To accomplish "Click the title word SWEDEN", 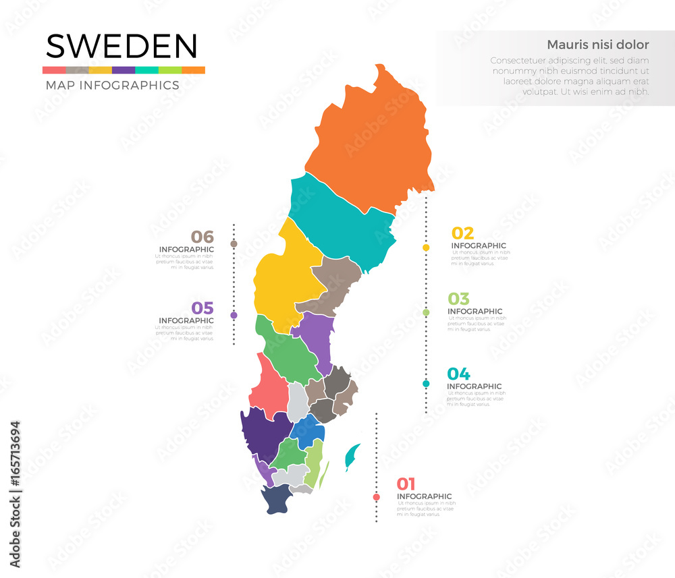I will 122,47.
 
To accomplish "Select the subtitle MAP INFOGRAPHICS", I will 112,86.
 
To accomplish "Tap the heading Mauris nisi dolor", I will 597,45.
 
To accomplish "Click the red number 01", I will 406,484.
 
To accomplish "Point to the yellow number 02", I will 462,233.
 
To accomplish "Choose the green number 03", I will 459,299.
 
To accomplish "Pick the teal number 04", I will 458,374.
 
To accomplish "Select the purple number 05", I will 202,308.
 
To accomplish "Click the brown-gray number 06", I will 202,237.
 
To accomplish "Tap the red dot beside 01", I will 376,498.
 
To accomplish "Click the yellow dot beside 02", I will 426,248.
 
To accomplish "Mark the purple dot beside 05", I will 234,315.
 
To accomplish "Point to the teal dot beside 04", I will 426,384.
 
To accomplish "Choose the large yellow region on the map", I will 283,277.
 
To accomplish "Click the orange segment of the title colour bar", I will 193,70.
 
